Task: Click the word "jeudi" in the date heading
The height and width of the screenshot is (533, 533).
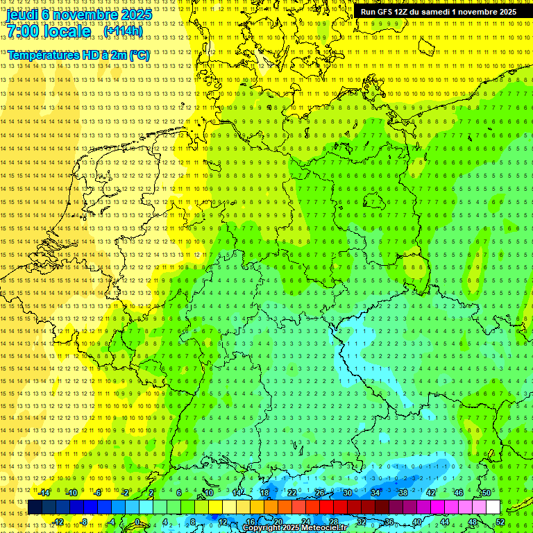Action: [23, 15]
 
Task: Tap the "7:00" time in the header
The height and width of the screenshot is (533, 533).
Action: [25, 31]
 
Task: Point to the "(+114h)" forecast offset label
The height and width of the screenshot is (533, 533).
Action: [123, 31]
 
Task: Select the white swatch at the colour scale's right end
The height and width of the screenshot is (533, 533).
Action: [493, 507]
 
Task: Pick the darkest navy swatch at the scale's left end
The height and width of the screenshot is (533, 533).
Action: [35, 507]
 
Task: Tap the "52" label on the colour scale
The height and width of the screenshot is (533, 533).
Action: [500, 522]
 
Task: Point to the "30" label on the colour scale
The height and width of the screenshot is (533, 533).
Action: [348, 493]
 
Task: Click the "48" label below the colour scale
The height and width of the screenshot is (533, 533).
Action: [472, 522]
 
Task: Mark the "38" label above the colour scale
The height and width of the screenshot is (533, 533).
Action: [403, 493]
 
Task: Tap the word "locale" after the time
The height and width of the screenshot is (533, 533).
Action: [67, 31]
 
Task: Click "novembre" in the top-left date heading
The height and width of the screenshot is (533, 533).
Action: [87, 15]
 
